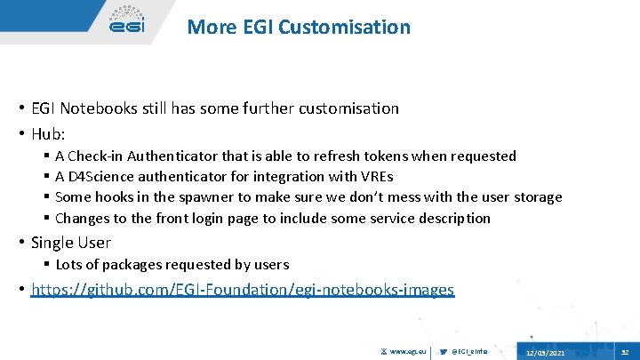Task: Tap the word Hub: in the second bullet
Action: pyautogui.click(x=48, y=133)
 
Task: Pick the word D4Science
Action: pyautogui.click(x=104, y=176)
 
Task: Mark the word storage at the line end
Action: pyautogui.click(x=535, y=196)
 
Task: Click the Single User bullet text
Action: pyautogui.click(x=71, y=242)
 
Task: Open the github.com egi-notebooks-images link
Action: pyautogui.click(x=243, y=289)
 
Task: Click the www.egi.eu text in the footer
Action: pyautogui.click(x=410, y=352)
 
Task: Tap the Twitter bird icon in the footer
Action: pyautogui.click(x=444, y=352)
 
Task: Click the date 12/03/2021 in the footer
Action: pyautogui.click(x=545, y=353)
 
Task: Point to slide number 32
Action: pyautogui.click(x=624, y=353)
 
